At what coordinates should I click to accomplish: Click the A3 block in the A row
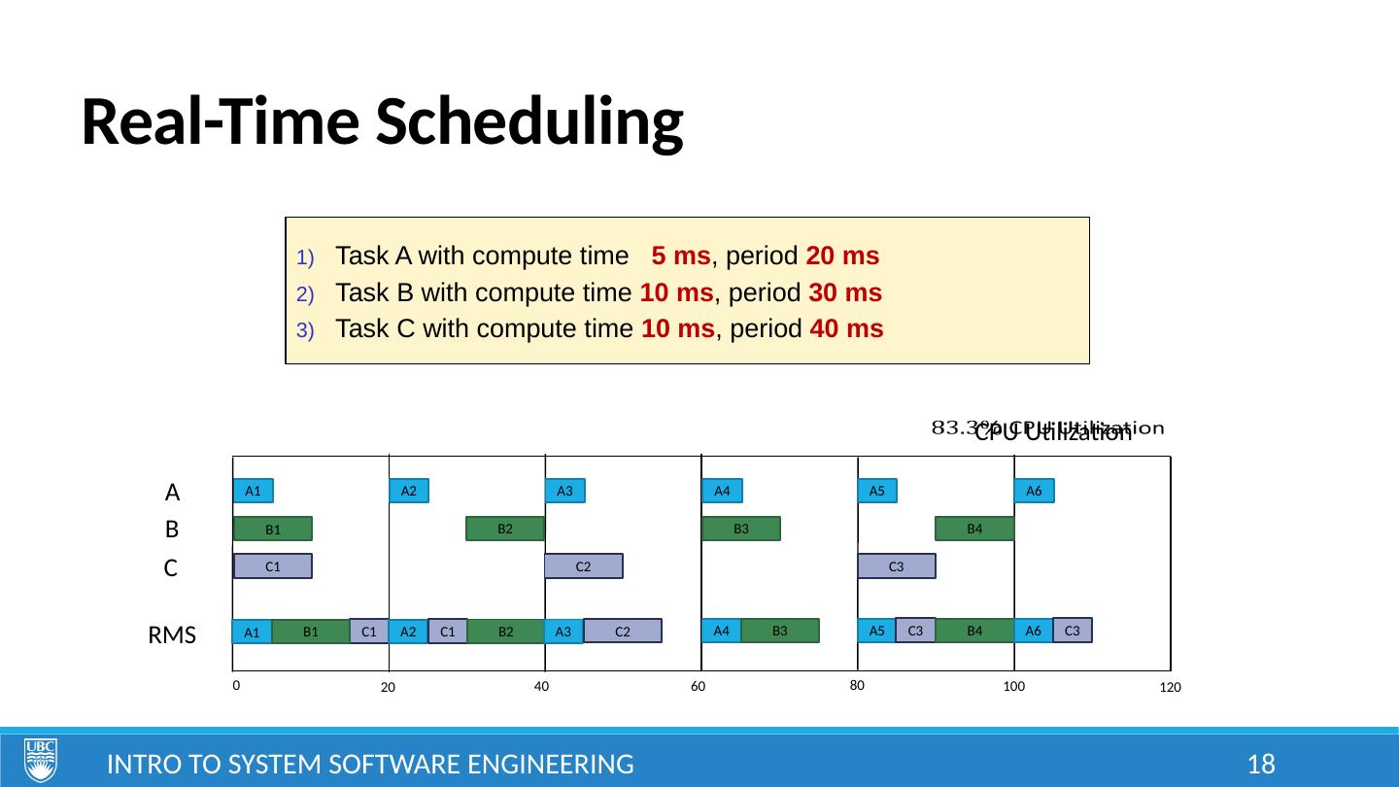point(564,492)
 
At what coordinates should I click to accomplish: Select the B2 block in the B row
point(505,529)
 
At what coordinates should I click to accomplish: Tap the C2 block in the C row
point(583,566)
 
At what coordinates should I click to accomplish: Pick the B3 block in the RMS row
point(779,631)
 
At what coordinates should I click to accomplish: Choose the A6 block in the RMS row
point(1033,631)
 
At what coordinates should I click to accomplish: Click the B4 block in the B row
point(974,529)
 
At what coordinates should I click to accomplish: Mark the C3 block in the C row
point(897,566)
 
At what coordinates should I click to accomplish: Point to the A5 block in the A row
point(876,492)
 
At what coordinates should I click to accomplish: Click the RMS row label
point(172,636)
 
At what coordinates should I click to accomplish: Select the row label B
point(172,530)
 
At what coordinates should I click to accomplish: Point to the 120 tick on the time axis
point(1169,688)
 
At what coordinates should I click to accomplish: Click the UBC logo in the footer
point(41,760)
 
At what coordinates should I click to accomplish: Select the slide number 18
point(1260,764)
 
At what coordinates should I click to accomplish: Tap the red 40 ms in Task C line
point(845,328)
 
